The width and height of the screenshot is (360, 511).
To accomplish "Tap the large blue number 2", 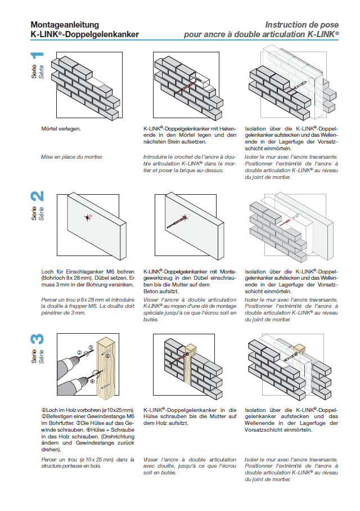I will click(37, 198).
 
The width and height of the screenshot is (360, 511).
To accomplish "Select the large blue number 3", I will click(37, 339).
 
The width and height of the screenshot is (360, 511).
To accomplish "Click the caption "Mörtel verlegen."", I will click(61, 129).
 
